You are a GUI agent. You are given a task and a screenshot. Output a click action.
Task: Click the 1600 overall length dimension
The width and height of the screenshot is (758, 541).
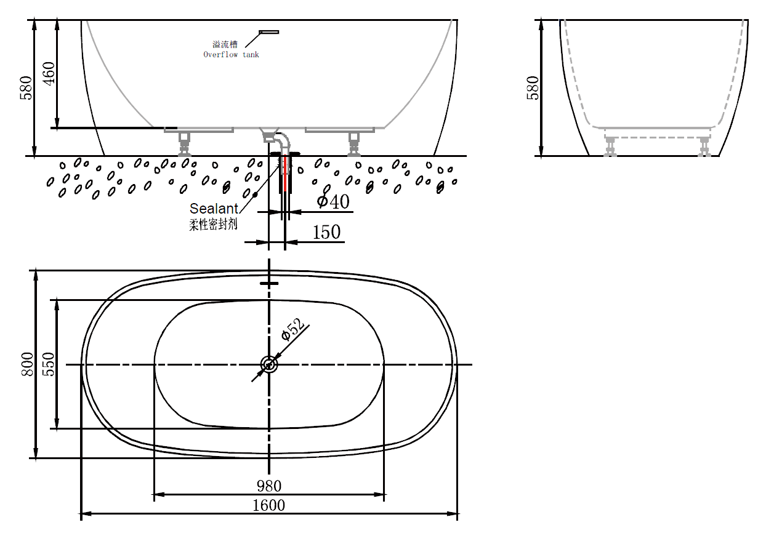[268, 505]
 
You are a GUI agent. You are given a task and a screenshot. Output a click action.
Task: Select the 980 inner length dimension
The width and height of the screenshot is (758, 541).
[269, 486]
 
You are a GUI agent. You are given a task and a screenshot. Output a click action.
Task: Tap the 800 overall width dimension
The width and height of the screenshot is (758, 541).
[28, 364]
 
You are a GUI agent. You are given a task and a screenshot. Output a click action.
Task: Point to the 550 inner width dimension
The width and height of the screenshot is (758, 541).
[49, 364]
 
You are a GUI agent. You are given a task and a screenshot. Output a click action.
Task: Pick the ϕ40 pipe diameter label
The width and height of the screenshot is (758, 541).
[333, 201]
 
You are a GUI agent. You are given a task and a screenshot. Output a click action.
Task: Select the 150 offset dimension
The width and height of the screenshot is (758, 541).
[326, 232]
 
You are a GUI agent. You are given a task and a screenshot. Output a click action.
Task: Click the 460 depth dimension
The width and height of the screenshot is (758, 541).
[49, 74]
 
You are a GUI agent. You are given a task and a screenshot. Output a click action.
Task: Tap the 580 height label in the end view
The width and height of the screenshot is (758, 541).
[533, 88]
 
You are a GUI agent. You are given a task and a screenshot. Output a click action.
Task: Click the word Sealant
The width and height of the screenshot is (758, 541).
[214, 209]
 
